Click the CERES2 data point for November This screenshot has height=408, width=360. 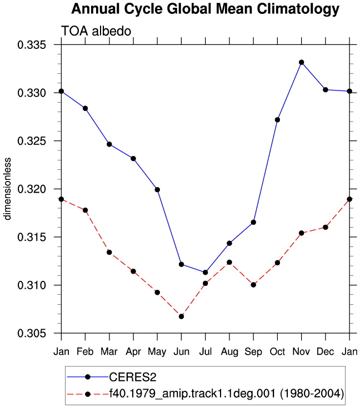point(302,62)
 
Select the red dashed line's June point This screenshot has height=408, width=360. point(181,316)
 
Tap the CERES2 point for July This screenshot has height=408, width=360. point(205,273)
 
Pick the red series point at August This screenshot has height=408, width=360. point(229,262)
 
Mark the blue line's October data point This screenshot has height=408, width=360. point(277,120)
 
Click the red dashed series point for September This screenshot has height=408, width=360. point(253,285)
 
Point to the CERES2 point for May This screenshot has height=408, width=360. point(157,190)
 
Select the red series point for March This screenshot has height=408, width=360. point(109,253)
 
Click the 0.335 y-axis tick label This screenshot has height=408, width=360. point(32,45)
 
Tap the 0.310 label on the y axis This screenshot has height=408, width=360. point(32,285)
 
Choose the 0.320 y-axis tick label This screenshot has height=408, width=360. point(32,189)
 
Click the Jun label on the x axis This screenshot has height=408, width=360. point(181,352)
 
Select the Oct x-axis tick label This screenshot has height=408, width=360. point(277,352)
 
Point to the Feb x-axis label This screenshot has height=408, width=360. point(85,352)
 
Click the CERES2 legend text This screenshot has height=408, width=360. point(133,377)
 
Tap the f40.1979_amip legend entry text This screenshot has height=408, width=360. point(227,394)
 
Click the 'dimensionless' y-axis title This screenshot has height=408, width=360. point(7,189)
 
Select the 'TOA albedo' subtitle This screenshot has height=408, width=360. point(96,31)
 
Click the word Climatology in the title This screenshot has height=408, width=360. point(298,9)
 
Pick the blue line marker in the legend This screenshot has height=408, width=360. point(88,377)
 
